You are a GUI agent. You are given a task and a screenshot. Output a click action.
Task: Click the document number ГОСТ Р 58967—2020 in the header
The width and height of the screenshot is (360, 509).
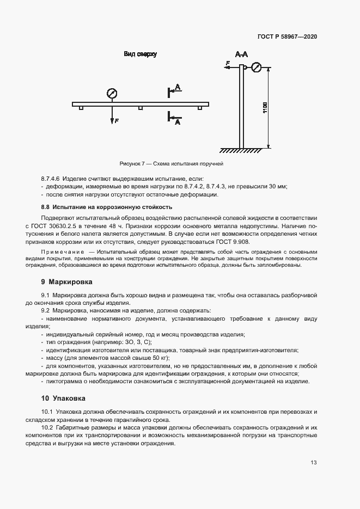click(287, 38)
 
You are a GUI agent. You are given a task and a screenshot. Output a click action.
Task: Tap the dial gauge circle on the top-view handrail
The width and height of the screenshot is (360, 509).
click(112, 93)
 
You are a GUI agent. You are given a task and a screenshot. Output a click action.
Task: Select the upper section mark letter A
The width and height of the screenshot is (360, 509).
click(178, 87)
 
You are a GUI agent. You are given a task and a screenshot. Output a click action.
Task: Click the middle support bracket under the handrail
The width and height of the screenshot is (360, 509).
click(141, 108)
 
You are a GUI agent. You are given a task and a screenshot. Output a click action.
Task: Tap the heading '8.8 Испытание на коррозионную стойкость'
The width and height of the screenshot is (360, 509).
click(107, 207)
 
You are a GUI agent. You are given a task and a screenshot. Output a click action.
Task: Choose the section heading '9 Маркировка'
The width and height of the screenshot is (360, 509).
click(66, 282)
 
